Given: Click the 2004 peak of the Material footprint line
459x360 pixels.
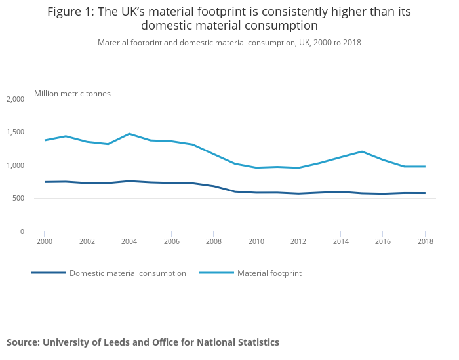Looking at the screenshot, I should coord(129,134).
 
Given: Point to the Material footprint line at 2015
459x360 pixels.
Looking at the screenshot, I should coord(361,151).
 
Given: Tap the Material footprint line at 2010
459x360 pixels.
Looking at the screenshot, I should coord(256,168).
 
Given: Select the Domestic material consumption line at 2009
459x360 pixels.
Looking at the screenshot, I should coord(235,191).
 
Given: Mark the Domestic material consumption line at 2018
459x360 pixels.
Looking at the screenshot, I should coord(425,193).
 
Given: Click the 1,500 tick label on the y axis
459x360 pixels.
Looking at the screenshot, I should coord(15,132).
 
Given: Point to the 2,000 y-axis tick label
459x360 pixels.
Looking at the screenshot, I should coord(15,99).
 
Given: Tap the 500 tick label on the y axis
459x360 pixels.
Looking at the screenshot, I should coord(18,199).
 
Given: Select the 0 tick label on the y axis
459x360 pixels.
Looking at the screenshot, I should coord(22,231).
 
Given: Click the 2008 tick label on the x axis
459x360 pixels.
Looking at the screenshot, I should coord(214,242).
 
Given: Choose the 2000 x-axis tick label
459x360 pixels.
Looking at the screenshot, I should coord(45,242).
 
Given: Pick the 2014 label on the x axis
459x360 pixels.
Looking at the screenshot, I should coord(340,242).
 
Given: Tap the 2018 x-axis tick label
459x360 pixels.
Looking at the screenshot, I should coord(425,242).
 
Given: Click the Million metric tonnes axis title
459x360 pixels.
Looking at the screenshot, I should coord(72,94).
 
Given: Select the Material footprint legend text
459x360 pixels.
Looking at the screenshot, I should coord(269,273).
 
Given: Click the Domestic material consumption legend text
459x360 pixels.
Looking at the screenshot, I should coord(128,273).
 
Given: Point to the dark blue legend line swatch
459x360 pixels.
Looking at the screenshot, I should coord(49,273).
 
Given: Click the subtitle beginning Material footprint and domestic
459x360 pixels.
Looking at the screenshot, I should coord(229,43).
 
